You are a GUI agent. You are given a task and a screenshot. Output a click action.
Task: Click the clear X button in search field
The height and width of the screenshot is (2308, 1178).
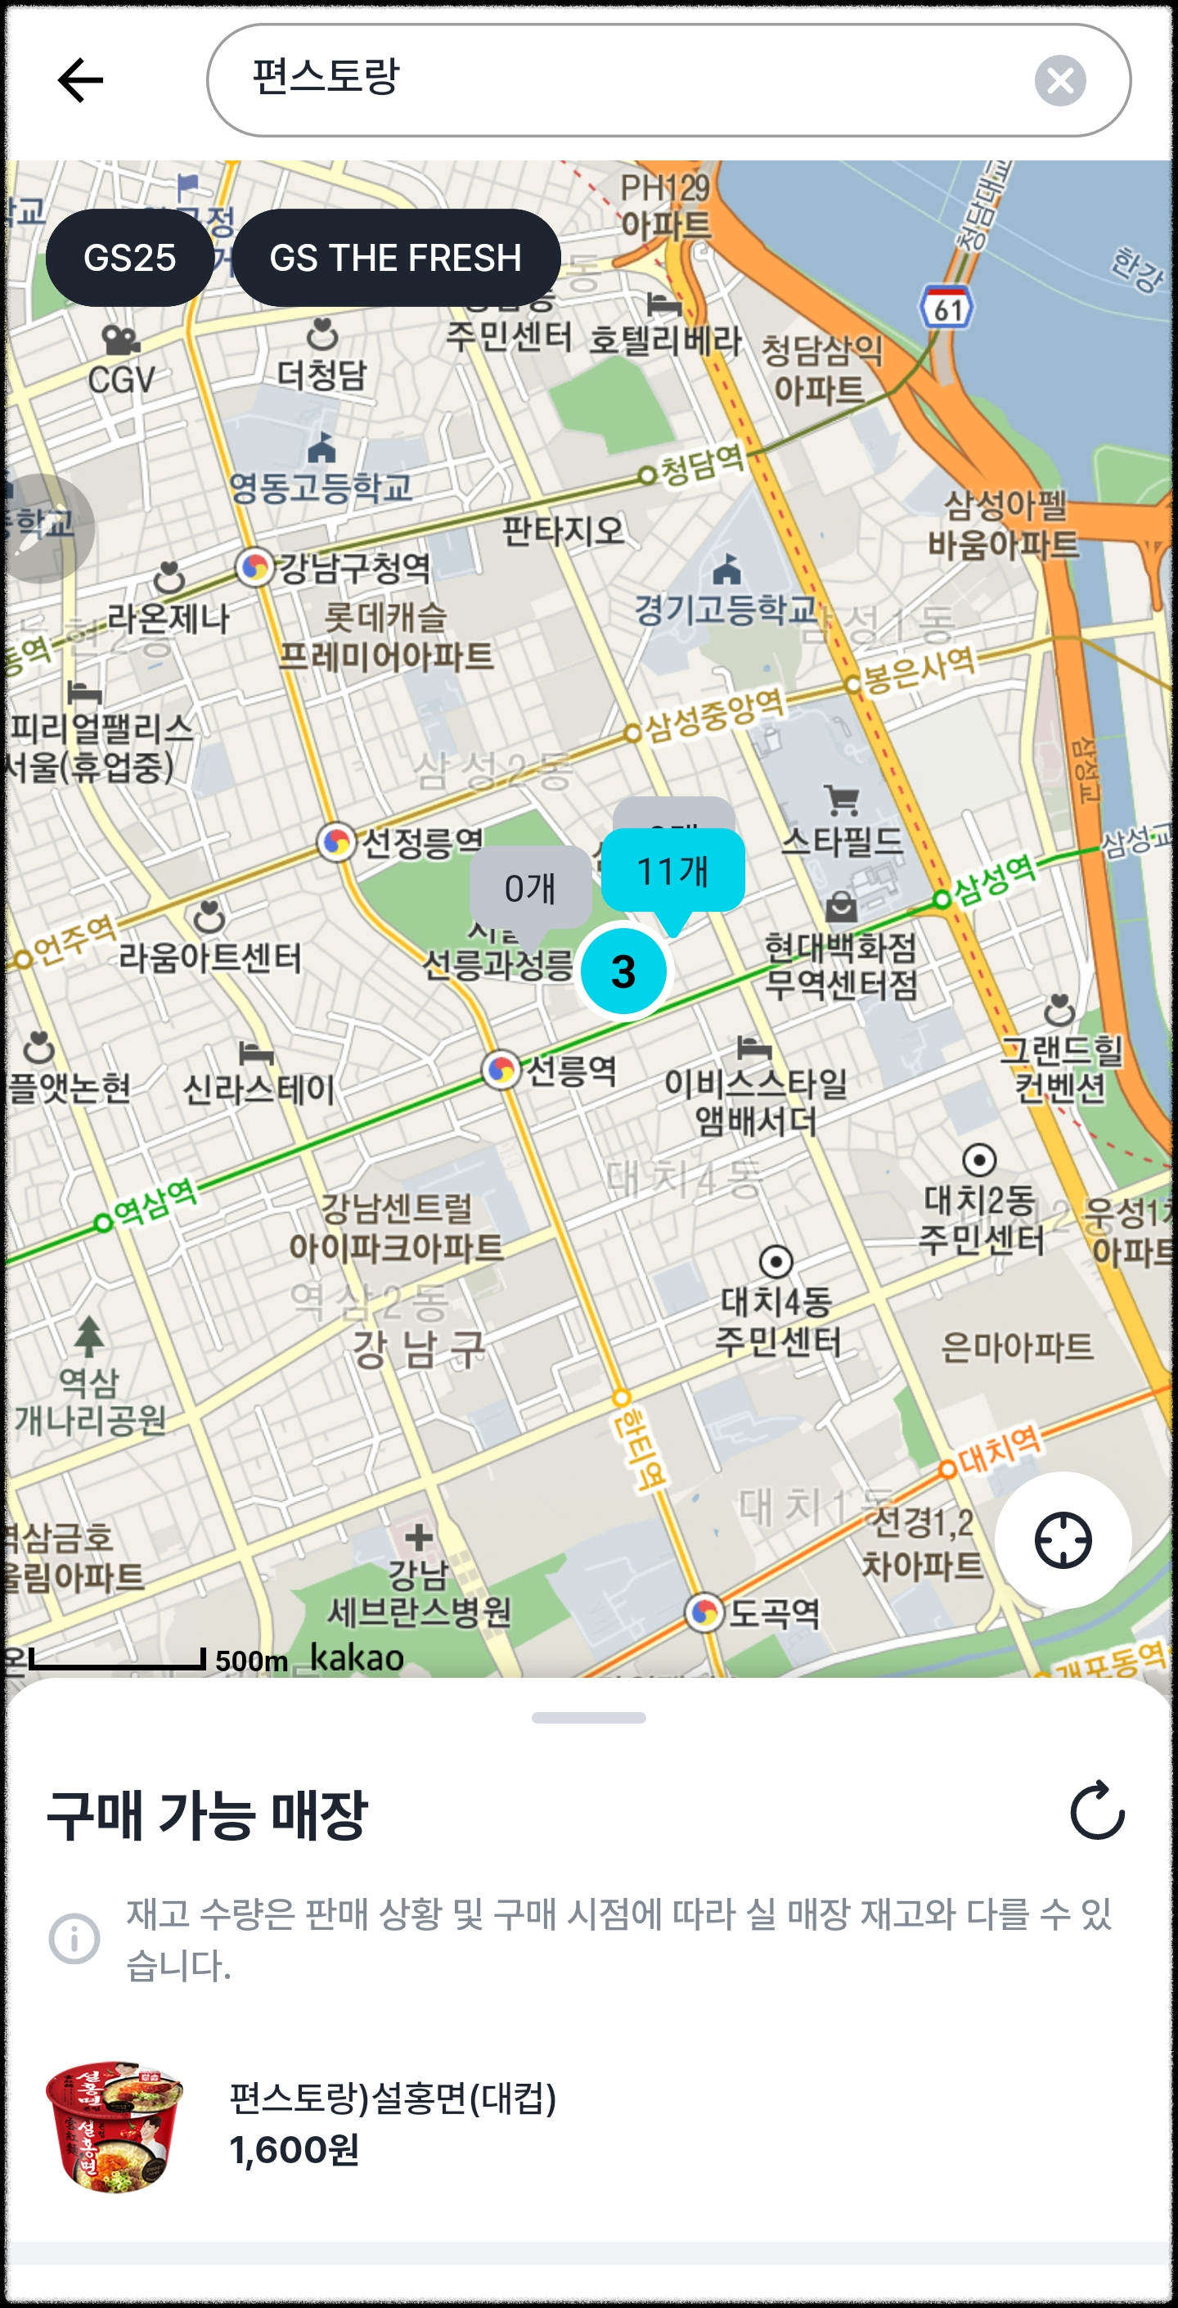pyautogui.click(x=1059, y=81)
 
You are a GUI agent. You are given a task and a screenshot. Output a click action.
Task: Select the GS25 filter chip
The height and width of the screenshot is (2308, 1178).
pyautogui.click(x=130, y=258)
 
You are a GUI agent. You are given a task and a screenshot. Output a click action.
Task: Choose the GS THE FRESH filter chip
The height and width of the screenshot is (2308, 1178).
pyautogui.click(x=396, y=258)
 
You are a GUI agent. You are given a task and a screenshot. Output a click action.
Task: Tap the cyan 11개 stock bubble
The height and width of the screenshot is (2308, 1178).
pyautogui.click(x=672, y=871)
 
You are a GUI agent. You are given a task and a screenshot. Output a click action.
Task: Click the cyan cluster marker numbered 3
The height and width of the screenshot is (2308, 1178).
pyautogui.click(x=623, y=971)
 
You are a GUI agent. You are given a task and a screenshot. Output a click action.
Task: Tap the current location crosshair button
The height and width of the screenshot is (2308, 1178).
pyautogui.click(x=1063, y=1540)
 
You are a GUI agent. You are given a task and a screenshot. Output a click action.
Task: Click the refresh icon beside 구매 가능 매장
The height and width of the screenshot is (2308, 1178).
pyautogui.click(x=1097, y=1810)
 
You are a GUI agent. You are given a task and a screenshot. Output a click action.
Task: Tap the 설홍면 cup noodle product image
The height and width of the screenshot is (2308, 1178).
pyautogui.click(x=115, y=2125)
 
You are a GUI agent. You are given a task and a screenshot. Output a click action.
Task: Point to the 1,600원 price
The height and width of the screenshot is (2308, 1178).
pyautogui.click(x=294, y=2149)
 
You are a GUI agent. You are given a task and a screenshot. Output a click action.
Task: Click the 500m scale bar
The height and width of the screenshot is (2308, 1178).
pyautogui.click(x=117, y=1659)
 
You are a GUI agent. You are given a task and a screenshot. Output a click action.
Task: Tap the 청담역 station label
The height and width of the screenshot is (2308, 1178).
pyautogui.click(x=701, y=465)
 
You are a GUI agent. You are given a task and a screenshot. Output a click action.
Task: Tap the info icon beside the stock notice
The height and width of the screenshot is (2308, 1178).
pyautogui.click(x=74, y=1939)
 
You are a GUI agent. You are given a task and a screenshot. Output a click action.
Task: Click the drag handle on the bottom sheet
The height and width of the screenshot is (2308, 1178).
pyautogui.click(x=588, y=1718)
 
